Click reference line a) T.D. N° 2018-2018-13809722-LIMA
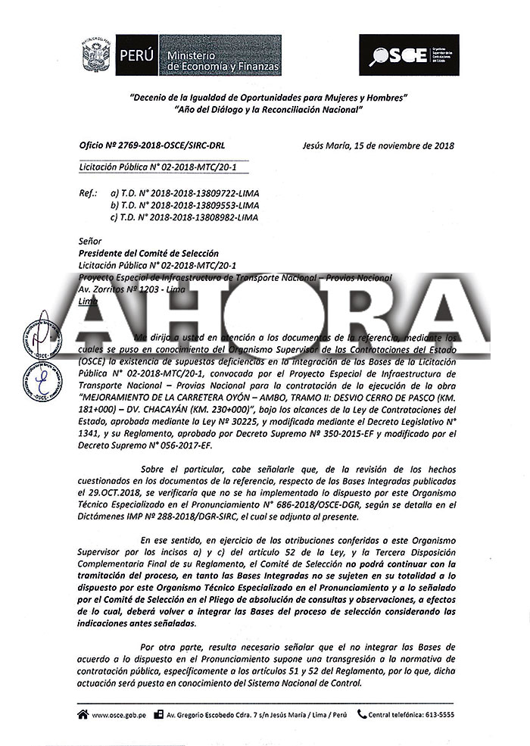(x=184, y=193)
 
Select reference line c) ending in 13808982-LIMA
(x=184, y=217)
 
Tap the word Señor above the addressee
(x=90, y=241)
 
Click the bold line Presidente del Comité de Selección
(x=148, y=253)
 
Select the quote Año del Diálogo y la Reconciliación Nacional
(x=269, y=110)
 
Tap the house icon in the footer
(x=82, y=713)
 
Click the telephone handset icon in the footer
(x=362, y=713)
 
